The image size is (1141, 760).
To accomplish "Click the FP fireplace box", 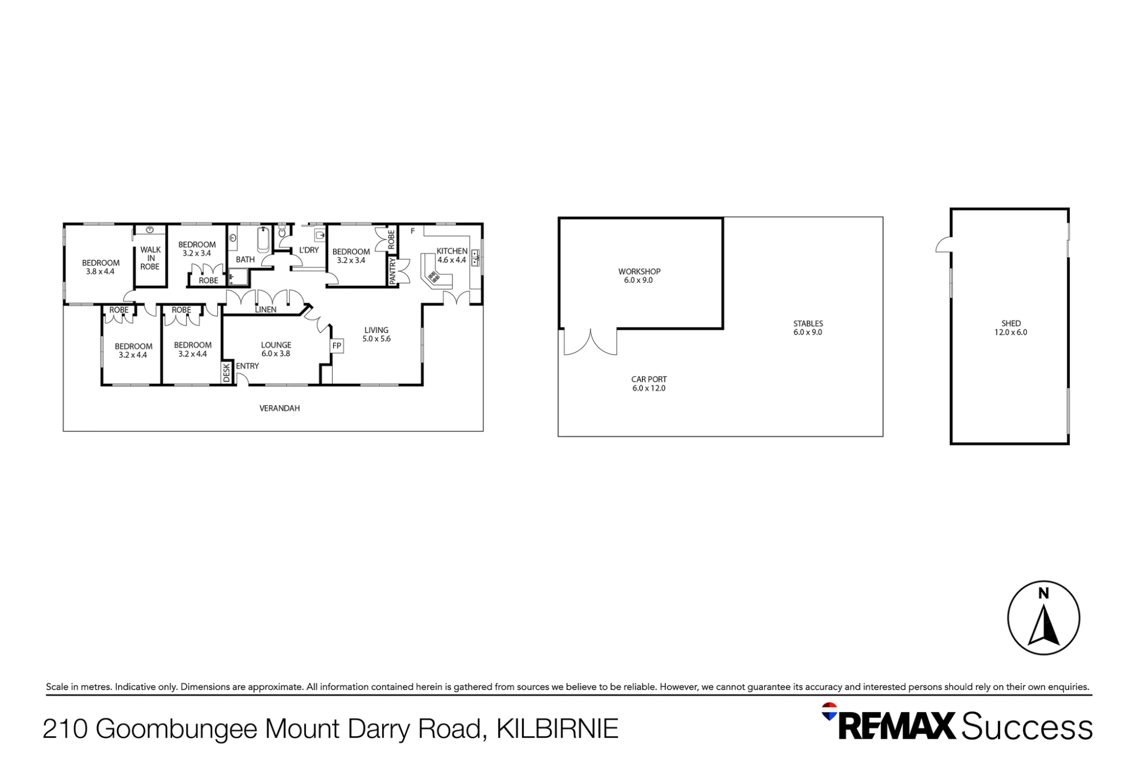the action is (x=337, y=346).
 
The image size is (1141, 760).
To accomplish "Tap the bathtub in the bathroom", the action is (x=263, y=239).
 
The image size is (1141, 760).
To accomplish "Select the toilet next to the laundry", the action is (x=282, y=232).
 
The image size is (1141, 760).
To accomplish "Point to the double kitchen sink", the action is (x=475, y=258).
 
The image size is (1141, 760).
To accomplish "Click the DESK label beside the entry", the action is (x=226, y=373).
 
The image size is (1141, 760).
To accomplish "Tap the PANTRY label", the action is (x=393, y=271).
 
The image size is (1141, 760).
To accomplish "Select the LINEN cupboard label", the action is (x=266, y=310).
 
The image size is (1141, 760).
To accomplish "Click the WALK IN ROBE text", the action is (x=151, y=258).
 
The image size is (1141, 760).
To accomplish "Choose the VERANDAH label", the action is (x=280, y=408).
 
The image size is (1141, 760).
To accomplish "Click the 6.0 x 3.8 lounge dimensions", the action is (x=276, y=353).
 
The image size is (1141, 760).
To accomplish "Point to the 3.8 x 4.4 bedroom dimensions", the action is (x=100, y=271).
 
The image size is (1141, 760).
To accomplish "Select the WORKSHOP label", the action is (x=640, y=271).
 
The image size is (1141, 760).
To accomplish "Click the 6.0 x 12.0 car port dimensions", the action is (x=649, y=388).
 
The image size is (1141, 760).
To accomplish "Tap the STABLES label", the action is (x=808, y=323).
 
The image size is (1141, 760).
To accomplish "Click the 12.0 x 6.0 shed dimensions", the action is (x=1011, y=332).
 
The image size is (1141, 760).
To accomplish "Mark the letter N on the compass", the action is (x=1043, y=594).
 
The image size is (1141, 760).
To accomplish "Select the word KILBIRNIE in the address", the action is (x=557, y=729).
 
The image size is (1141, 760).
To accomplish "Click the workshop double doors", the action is (x=590, y=342).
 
